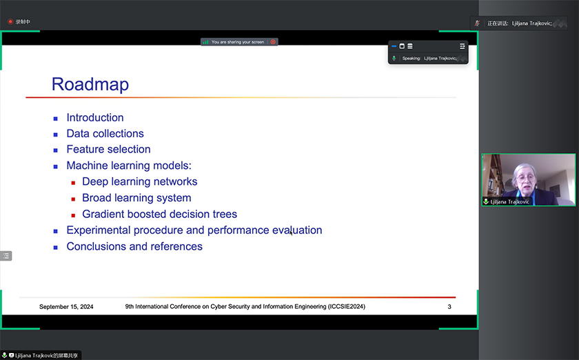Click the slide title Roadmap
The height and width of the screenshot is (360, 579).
(x=90, y=84)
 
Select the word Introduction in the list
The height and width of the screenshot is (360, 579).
(x=95, y=117)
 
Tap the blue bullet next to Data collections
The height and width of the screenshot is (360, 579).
(x=55, y=134)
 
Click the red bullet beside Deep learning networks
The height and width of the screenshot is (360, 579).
(x=73, y=183)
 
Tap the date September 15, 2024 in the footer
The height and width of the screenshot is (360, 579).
(x=66, y=307)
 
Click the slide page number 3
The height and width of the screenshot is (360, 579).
(x=449, y=307)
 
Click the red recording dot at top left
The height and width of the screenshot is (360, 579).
(x=10, y=22)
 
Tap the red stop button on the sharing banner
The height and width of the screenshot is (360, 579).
(x=273, y=42)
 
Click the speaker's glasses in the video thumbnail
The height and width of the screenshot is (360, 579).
(x=525, y=178)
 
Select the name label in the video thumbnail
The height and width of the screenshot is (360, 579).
(x=509, y=202)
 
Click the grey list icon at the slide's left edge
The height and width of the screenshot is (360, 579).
(x=6, y=256)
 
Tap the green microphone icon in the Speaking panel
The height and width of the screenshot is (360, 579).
(x=394, y=59)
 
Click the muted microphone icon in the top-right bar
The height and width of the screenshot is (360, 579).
(x=477, y=23)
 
